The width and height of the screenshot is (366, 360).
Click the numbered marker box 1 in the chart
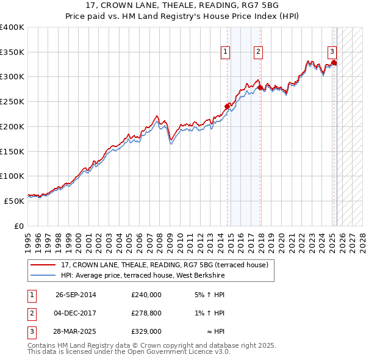click(x=226, y=52)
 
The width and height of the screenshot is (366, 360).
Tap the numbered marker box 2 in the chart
click(x=259, y=52)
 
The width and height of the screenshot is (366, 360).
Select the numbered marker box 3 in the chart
click(x=332, y=52)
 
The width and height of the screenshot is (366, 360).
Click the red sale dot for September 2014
click(x=227, y=106)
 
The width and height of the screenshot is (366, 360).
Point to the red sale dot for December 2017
click(x=260, y=87)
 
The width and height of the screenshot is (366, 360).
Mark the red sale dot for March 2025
click(x=334, y=62)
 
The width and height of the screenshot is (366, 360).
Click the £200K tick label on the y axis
click(x=12, y=126)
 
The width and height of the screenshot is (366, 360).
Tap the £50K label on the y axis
click(x=14, y=200)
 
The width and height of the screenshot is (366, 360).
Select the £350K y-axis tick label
click(x=12, y=52)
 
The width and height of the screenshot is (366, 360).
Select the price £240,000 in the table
click(x=146, y=295)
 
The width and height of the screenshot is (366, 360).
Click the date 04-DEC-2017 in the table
click(x=76, y=313)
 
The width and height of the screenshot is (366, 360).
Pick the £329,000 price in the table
click(x=146, y=331)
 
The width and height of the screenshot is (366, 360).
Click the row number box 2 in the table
click(x=30, y=313)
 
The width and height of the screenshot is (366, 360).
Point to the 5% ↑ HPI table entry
click(x=209, y=295)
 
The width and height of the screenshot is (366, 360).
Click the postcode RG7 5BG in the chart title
click(x=246, y=7)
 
